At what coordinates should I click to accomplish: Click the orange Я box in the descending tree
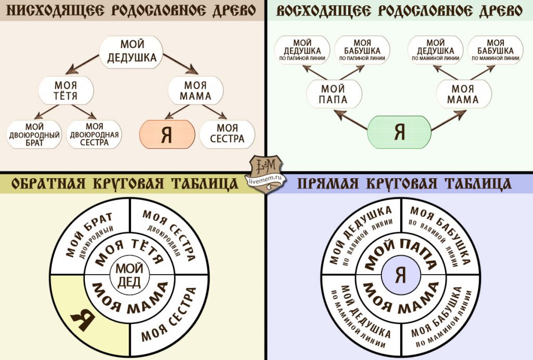[167, 134]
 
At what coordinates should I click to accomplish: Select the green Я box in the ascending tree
[399, 132]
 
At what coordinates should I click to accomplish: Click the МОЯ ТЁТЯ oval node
[66, 90]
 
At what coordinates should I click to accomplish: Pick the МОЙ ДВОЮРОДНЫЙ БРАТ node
[34, 134]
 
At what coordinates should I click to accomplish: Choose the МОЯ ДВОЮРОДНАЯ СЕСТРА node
[94, 134]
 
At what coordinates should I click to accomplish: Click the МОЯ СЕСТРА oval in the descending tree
[227, 134]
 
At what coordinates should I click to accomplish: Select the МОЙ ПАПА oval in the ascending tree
[334, 94]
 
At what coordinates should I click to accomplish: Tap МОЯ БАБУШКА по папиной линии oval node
[362, 50]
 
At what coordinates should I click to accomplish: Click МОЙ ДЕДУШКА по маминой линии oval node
[436, 50]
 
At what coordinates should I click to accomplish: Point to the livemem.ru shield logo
[266, 173]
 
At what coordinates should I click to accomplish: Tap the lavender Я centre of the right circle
[401, 275]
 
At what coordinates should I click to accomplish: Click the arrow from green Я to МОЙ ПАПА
[351, 120]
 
